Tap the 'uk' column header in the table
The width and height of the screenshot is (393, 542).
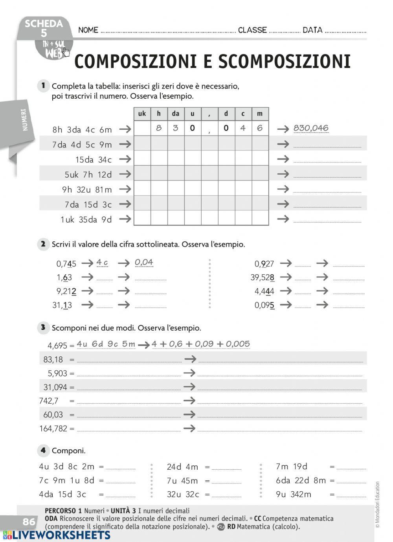(x=142, y=114)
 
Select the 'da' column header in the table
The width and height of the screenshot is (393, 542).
(x=175, y=114)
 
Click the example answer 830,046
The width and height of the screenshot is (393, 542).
(x=311, y=128)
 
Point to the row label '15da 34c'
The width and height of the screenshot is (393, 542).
(x=94, y=160)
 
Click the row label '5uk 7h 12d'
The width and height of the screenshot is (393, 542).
(x=88, y=175)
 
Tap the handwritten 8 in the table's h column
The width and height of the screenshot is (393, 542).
(x=159, y=128)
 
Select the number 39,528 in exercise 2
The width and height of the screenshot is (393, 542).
(x=263, y=277)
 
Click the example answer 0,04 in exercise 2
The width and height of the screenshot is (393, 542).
(x=144, y=262)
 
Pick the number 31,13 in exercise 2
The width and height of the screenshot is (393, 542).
(x=62, y=305)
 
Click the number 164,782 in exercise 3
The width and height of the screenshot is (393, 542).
(x=53, y=428)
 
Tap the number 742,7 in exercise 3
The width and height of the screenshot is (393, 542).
(x=49, y=401)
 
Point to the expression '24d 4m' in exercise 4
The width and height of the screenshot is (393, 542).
(x=182, y=467)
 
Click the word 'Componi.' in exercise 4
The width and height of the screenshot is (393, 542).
(x=68, y=451)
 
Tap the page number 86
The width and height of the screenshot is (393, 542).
(x=29, y=522)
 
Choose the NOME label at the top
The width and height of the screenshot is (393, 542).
(x=88, y=30)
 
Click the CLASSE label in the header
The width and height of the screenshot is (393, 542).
(x=252, y=30)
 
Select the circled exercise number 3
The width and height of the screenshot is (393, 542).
(x=43, y=327)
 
